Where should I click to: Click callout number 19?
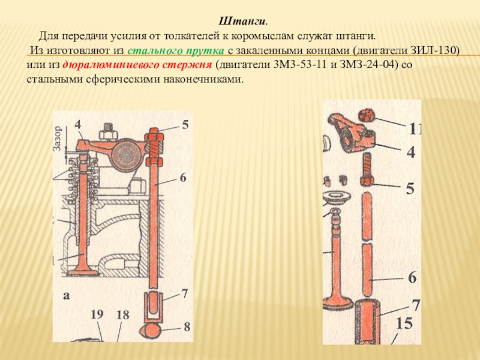(x=97, y=314)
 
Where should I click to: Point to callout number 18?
(x=123, y=314)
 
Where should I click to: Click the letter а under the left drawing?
(x=66, y=296)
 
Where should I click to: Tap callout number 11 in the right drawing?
(x=414, y=129)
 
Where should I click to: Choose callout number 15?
(x=404, y=325)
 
